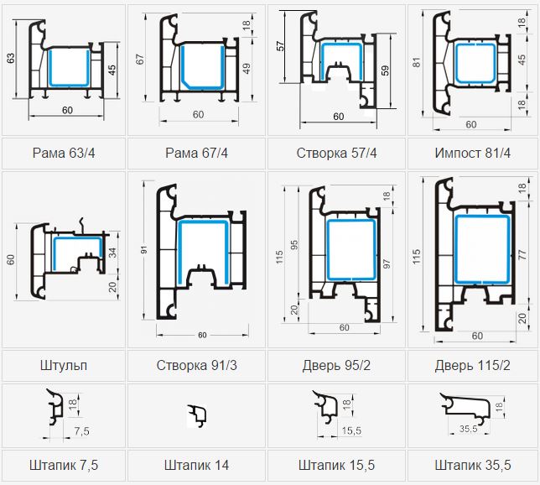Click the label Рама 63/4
64,153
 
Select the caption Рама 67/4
196,153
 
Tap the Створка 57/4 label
336,153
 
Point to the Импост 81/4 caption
473,153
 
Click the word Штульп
64,365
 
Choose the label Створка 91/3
197,365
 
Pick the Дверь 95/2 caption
336,365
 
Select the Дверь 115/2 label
473,365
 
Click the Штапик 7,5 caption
64,465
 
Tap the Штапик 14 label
197,465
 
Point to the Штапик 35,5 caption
473,465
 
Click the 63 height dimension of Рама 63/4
11,58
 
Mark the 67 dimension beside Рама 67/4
140,59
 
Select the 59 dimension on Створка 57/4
386,70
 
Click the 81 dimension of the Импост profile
417,62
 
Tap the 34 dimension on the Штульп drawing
113,253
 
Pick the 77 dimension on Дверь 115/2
522,255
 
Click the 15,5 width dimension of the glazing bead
351,430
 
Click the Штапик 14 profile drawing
197,415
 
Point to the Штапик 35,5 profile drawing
466,409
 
